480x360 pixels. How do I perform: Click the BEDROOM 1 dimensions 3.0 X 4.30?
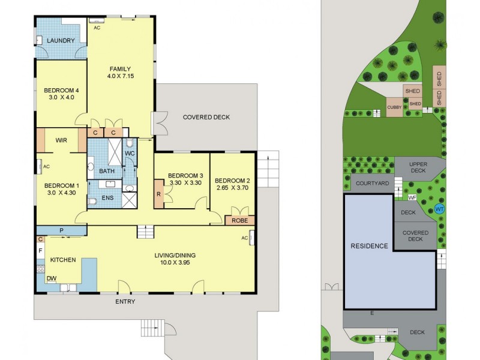click(x=61, y=193)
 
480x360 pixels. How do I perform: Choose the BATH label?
click(x=107, y=171)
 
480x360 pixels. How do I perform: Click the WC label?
click(x=130, y=154)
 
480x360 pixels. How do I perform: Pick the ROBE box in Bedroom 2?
click(x=239, y=220)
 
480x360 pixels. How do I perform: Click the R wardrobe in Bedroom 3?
click(x=158, y=195)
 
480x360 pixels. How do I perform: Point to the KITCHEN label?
click(x=62, y=260)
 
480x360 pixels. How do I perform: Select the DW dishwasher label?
click(x=52, y=278)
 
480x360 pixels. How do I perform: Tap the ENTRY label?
click(x=125, y=301)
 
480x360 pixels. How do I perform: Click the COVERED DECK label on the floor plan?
click(x=206, y=117)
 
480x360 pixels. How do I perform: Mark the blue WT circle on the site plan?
click(x=439, y=209)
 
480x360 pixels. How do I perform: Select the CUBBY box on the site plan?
click(x=394, y=107)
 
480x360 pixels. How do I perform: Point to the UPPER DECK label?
click(x=418, y=167)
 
